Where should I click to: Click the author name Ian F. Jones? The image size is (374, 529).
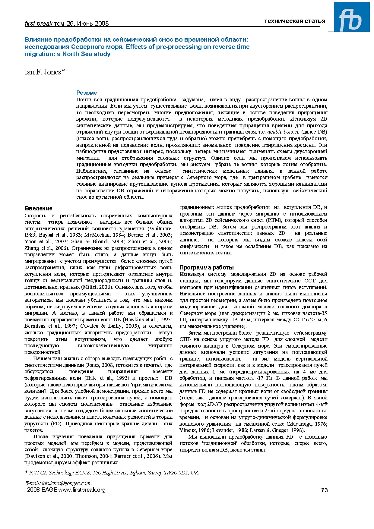click(45, 72)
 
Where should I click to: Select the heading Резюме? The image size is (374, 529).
click(87, 93)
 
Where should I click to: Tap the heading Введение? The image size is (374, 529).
click(39, 208)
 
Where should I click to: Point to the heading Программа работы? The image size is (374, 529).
click(206, 267)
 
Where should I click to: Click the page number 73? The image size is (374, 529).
click(324, 490)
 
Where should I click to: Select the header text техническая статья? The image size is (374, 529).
click(295, 21)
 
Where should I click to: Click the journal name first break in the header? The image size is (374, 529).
click(39, 24)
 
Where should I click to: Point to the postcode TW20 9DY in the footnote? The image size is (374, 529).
click(177, 473)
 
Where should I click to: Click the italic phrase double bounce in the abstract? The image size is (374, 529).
click(283, 132)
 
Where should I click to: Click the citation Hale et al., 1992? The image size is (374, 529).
click(104, 378)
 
